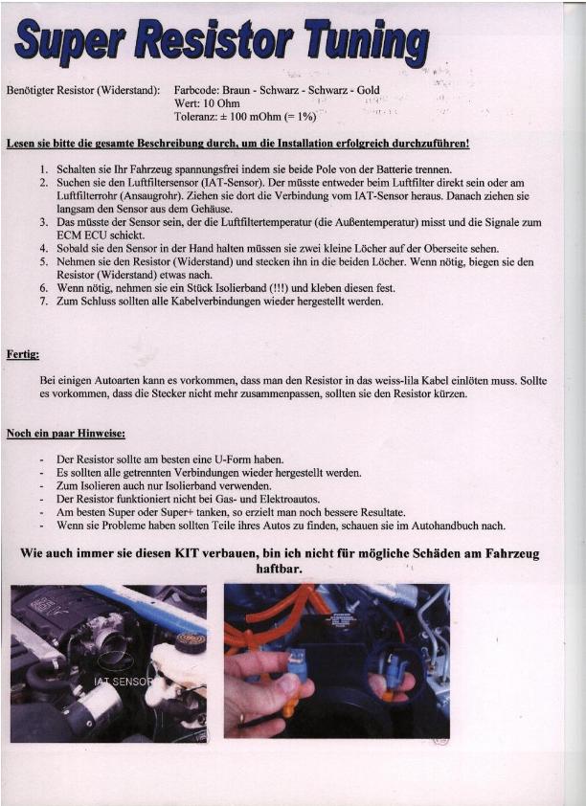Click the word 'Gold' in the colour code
click(x=370, y=90)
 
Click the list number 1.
click(x=44, y=168)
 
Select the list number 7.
click(x=44, y=302)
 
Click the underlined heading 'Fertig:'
click(x=23, y=354)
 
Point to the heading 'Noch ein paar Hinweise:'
click(x=64, y=434)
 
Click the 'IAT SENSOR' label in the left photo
click(x=122, y=682)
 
